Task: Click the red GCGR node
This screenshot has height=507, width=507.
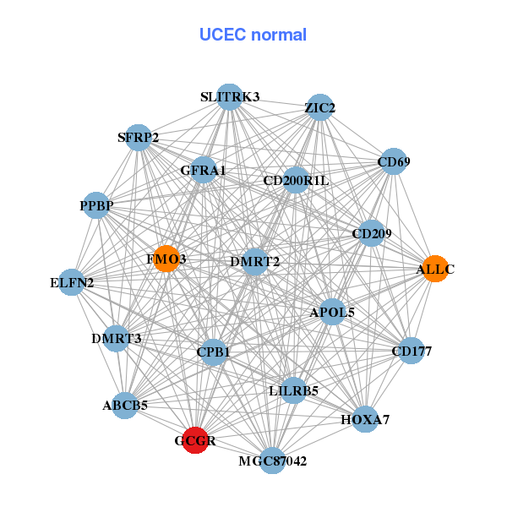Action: click(195, 440)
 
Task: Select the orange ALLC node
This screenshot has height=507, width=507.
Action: click(434, 269)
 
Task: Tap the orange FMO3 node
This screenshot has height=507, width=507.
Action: click(166, 259)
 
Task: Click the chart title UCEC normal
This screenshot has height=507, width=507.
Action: click(253, 35)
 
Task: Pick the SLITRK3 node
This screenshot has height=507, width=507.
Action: click(229, 97)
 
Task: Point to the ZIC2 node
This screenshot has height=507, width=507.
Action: click(319, 107)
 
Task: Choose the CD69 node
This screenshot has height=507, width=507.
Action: click(392, 161)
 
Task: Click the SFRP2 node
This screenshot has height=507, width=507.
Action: click(139, 137)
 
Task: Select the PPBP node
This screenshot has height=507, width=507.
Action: click(97, 205)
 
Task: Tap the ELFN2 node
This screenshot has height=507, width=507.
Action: click(73, 281)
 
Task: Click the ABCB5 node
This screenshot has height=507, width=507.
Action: click(126, 406)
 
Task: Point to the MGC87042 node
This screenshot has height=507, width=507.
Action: click(272, 461)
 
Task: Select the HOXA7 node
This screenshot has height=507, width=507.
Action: click(365, 418)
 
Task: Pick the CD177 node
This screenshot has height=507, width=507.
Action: click(411, 350)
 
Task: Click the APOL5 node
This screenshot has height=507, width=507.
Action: click(332, 312)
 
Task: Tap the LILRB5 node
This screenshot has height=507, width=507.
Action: click(293, 390)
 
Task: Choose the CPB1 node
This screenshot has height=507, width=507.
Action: click(214, 351)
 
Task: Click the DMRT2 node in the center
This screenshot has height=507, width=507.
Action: click(254, 261)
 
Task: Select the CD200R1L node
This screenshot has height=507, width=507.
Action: click(296, 180)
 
